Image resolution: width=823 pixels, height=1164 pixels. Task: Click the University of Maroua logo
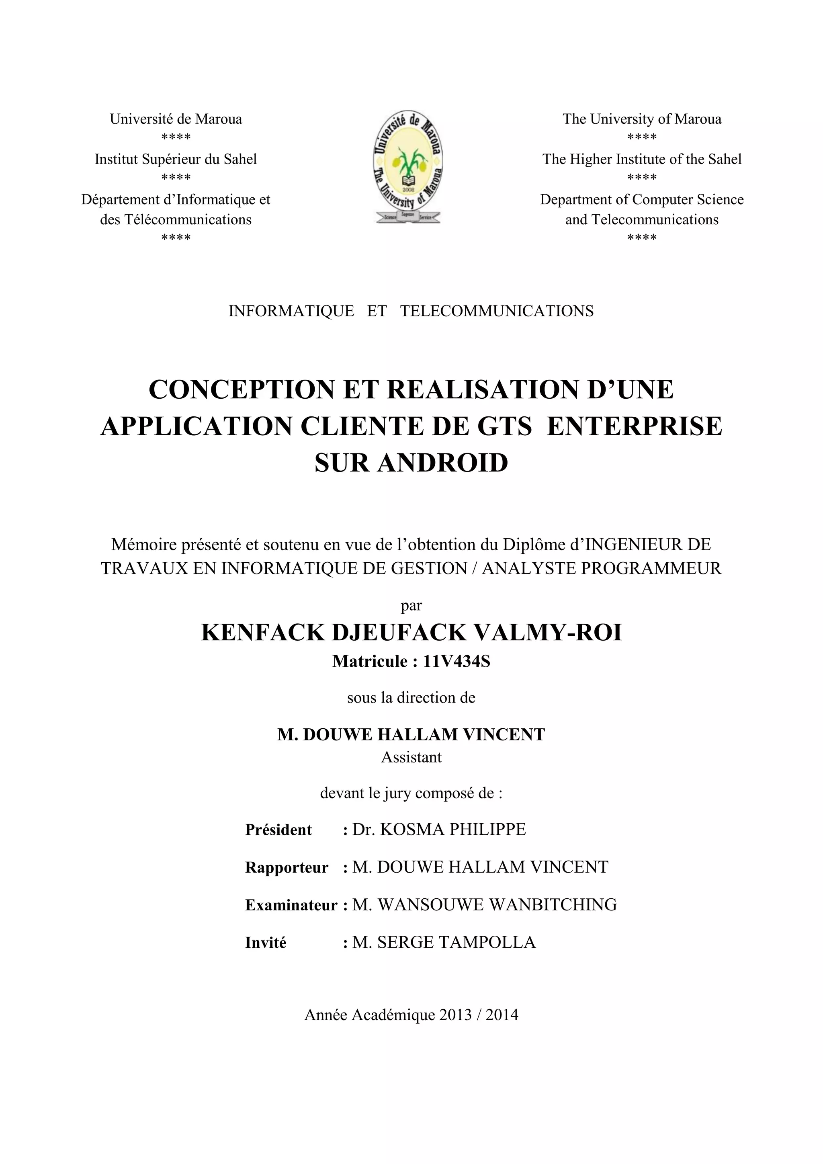click(408, 168)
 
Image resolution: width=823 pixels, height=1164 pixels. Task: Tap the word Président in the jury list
click(278, 830)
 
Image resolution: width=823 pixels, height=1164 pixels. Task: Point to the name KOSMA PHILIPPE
click(452, 830)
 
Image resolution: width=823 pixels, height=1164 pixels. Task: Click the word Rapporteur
click(287, 867)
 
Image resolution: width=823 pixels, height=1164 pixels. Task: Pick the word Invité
click(266, 943)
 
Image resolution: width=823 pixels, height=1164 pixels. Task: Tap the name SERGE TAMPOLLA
click(456, 942)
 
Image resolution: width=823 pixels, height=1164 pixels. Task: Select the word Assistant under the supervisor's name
click(411, 757)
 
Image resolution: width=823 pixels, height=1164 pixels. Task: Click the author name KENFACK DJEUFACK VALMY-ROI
click(411, 633)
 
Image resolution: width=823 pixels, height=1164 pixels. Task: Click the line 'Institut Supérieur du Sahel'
click(176, 159)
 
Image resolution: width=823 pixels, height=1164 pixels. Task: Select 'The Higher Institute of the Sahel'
click(642, 159)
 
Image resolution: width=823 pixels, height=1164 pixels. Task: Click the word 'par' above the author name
click(411, 605)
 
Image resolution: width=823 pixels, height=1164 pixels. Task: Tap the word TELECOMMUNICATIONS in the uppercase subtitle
click(497, 311)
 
